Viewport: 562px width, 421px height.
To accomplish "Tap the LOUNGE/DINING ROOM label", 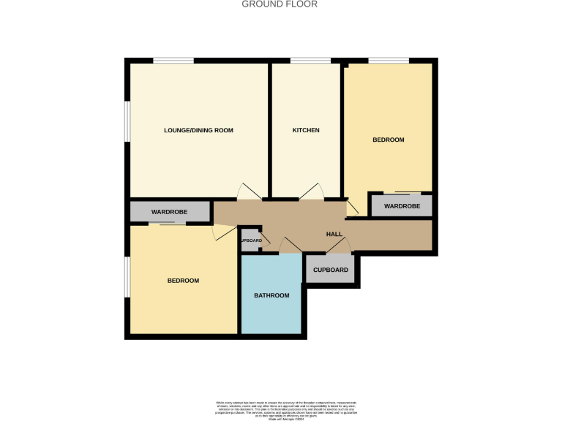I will pos(198,130).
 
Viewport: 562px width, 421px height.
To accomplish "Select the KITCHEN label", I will pos(306,130).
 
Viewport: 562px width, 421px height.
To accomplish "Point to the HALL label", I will pos(334,234).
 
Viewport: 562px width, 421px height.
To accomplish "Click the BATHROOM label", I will pos(271,295).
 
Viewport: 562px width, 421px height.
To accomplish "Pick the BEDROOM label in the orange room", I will pos(388,140).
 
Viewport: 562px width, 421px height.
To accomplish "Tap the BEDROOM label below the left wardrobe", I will pos(183,281).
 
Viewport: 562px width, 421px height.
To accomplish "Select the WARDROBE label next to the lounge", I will pos(169,212).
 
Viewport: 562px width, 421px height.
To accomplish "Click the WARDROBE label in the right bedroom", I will pos(402,206).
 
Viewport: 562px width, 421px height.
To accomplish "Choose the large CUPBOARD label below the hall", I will pos(331,270).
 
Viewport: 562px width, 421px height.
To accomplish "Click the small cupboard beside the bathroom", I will pos(250,240).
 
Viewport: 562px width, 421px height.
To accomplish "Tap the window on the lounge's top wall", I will pos(173,60).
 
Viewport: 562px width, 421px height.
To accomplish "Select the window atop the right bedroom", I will pos(388,60).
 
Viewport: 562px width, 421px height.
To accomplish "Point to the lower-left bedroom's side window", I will pos(127,277).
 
